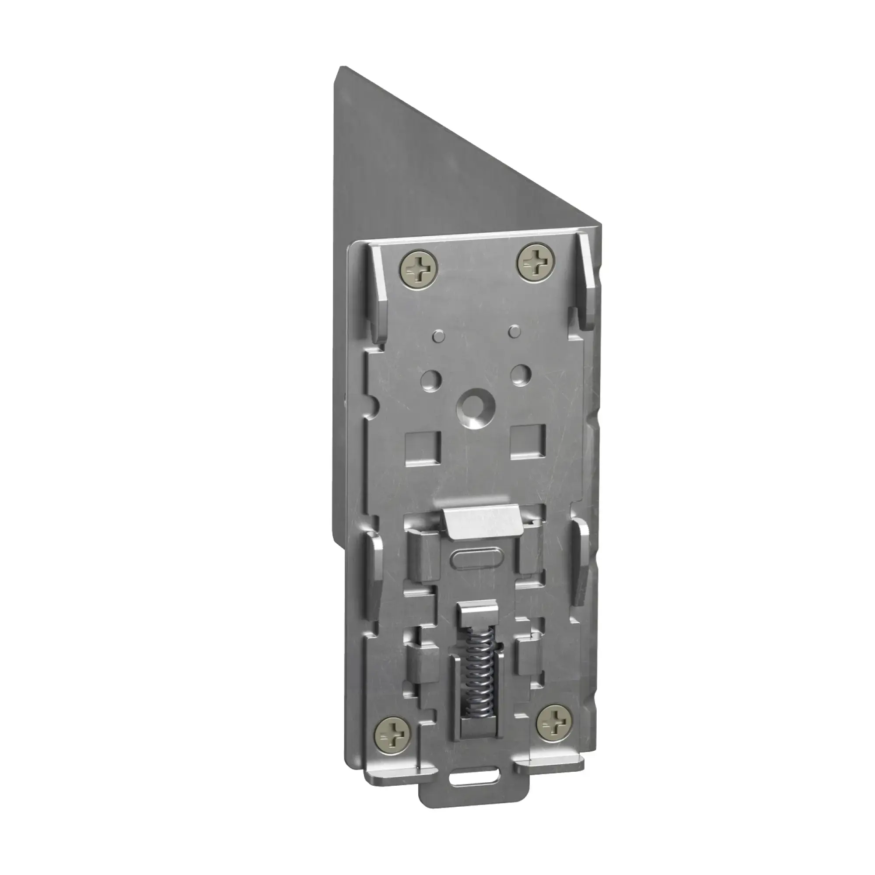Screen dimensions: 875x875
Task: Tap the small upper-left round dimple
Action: click(x=438, y=335)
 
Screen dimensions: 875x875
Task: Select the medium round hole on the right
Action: click(x=521, y=373)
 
